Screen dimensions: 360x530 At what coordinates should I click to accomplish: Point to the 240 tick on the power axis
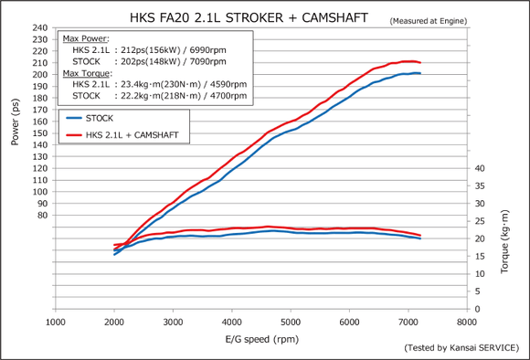(41, 27)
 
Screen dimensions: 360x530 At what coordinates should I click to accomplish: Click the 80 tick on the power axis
(43, 215)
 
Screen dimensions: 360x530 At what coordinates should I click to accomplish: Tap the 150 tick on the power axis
(41, 132)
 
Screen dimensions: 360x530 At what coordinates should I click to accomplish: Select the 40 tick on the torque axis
(480, 168)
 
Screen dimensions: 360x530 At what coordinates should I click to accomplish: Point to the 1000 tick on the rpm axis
(57, 322)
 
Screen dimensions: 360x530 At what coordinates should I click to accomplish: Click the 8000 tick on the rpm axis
(467, 322)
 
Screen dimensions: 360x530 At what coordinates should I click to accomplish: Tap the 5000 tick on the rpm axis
(291, 322)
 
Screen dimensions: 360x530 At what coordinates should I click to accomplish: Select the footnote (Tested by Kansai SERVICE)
(461, 349)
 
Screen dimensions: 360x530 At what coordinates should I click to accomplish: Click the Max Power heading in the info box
(86, 39)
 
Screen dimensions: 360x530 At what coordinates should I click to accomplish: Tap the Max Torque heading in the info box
(87, 72)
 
